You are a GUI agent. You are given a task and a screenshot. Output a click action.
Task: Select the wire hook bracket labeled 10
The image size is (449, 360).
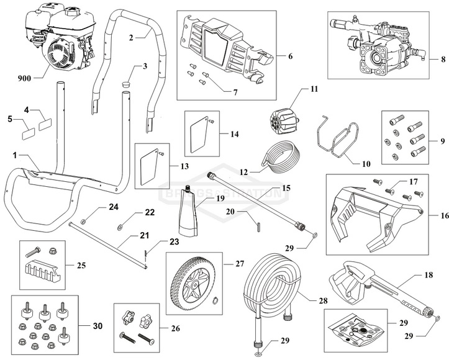338,140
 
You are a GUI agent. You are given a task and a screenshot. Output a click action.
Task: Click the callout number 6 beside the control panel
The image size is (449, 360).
289,55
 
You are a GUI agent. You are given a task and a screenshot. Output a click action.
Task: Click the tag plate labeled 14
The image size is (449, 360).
198,133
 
